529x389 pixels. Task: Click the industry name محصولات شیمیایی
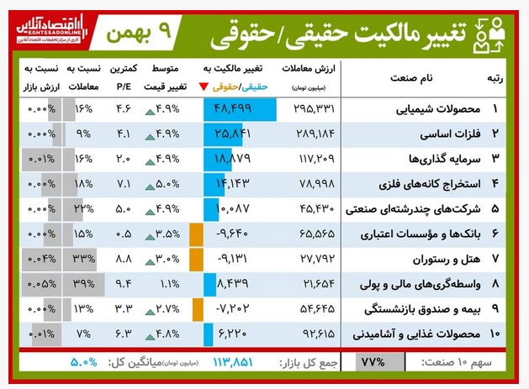pyautogui.click(x=428, y=110)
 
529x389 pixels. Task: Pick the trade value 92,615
pyautogui.click(x=315, y=334)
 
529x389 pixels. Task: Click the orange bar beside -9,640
pyautogui.click(x=197, y=234)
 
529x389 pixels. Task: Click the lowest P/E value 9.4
pyautogui.click(x=123, y=284)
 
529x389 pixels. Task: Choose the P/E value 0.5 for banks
pyautogui.click(x=123, y=234)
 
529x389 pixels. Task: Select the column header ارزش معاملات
pyautogui.click(x=315, y=70)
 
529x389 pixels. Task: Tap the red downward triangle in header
pyautogui.click(x=205, y=87)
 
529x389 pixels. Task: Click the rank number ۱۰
pyautogui.click(x=494, y=334)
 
